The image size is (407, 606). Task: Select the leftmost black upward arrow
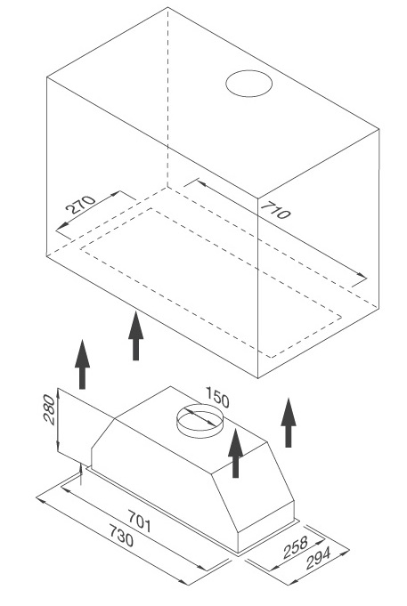(82, 364)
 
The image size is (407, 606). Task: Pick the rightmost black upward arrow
(288, 422)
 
